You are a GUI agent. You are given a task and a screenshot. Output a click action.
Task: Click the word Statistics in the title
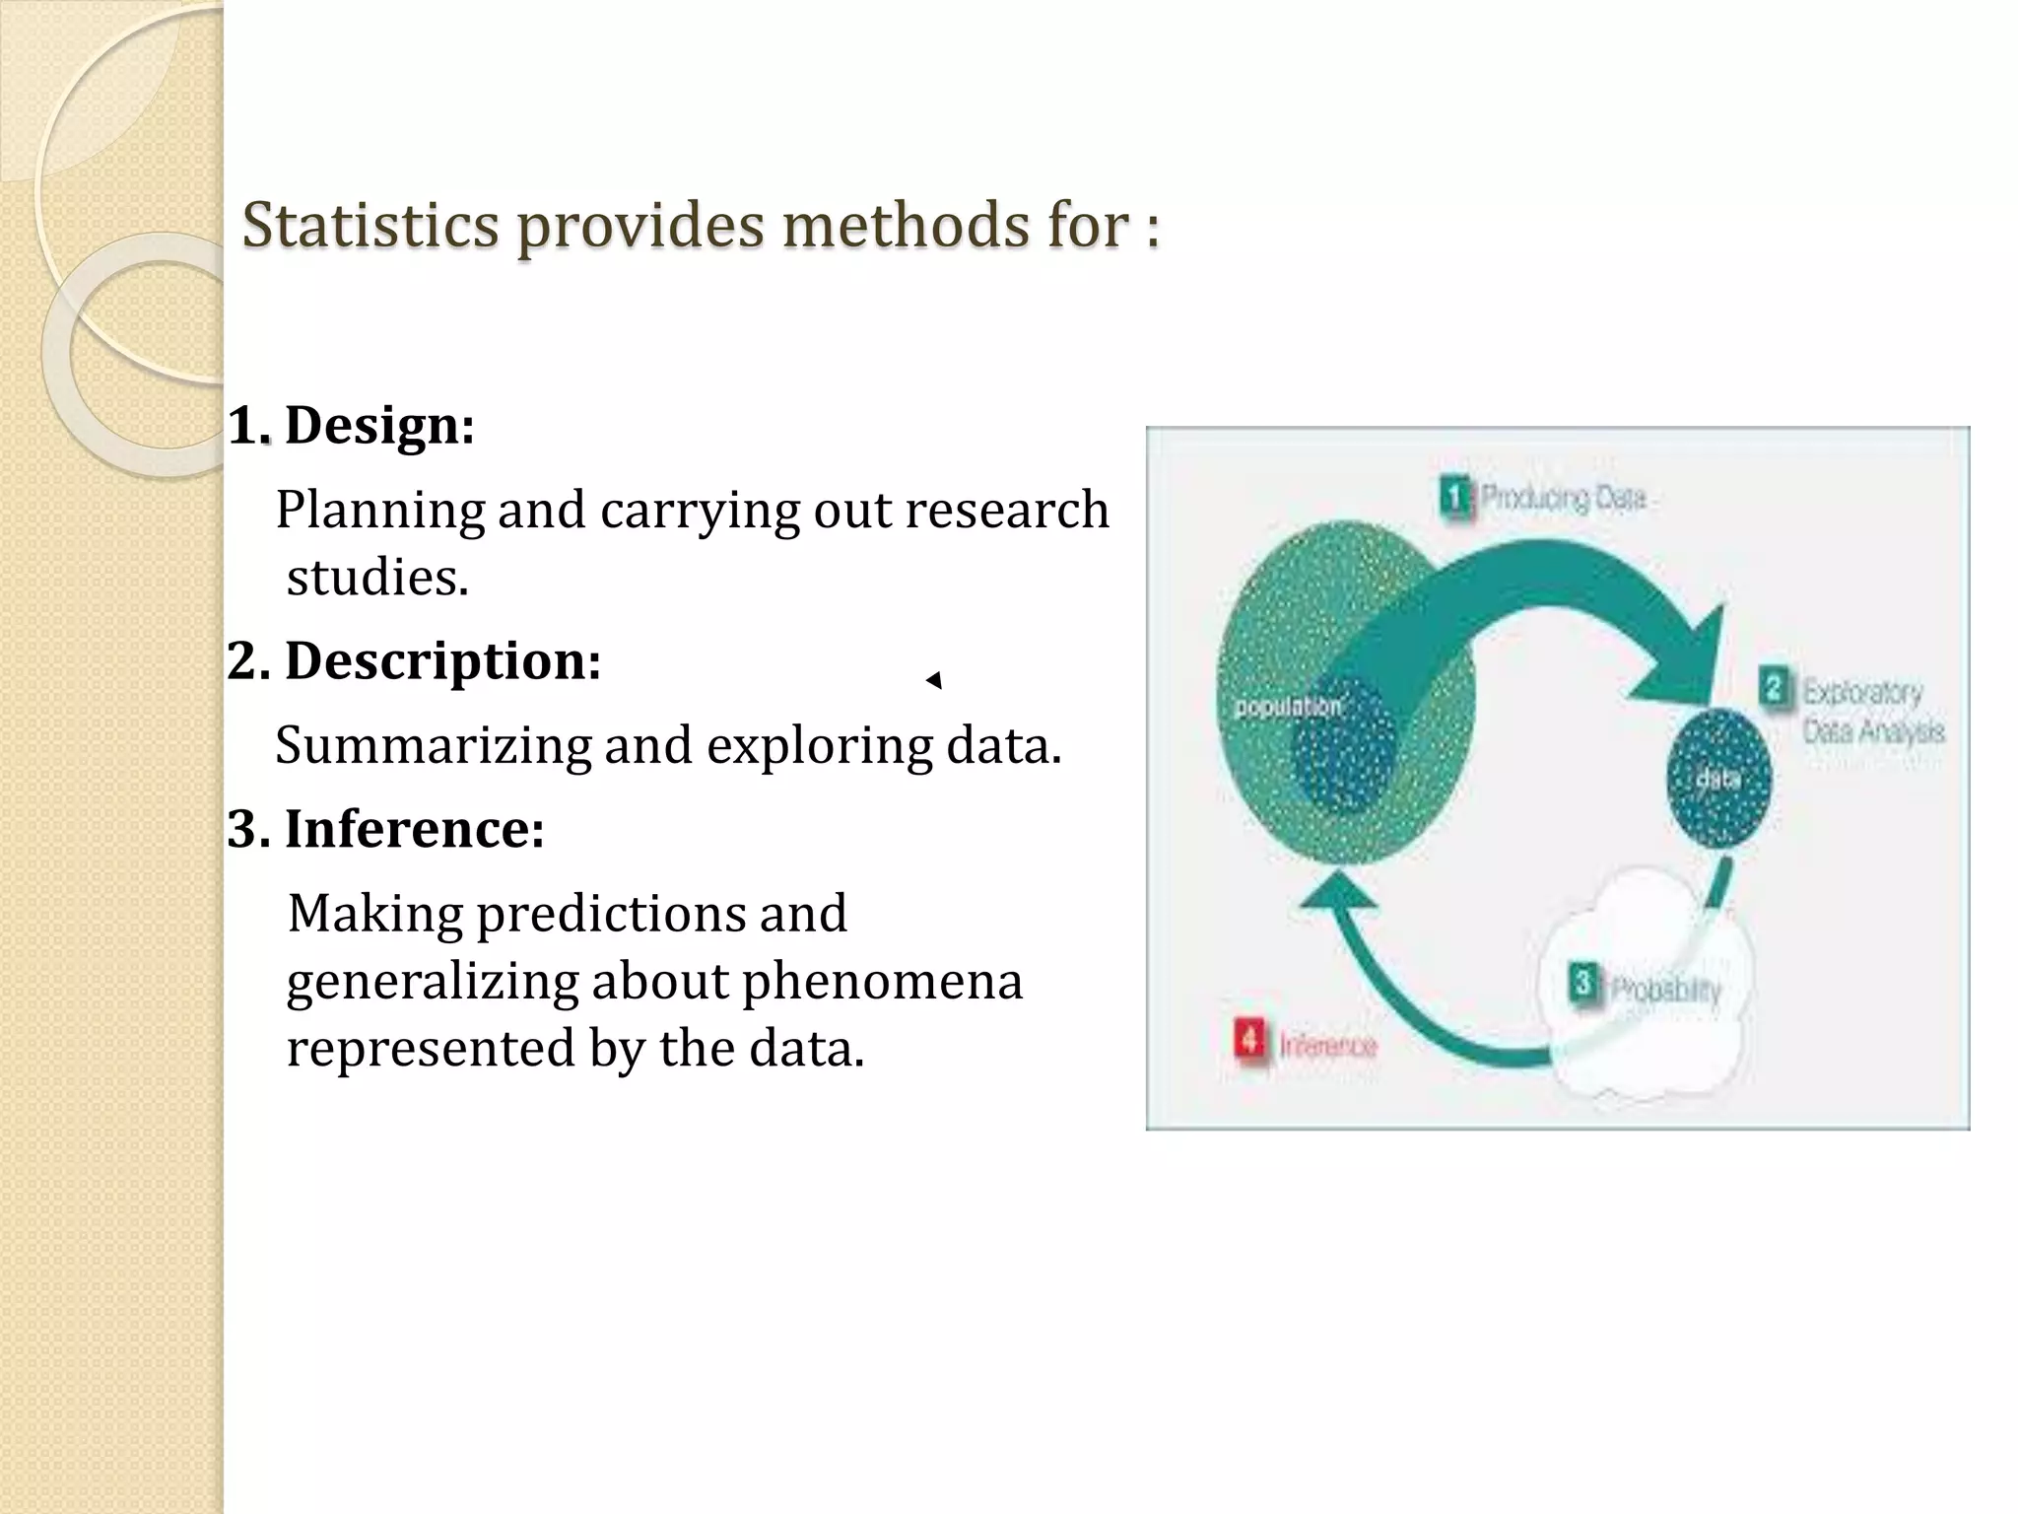[x=370, y=226]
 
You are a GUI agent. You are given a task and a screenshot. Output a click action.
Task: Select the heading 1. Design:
[x=352, y=426]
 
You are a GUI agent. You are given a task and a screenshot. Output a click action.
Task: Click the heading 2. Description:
[x=414, y=660]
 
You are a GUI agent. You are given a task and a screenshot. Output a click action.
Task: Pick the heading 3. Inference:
[x=385, y=829]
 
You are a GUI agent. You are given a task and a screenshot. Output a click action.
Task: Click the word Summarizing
[x=433, y=745]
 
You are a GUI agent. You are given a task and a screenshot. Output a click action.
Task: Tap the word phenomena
[x=882, y=982]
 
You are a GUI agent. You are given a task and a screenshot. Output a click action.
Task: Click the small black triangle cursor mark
[x=934, y=680]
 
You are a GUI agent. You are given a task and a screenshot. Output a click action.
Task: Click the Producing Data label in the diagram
[x=1563, y=499]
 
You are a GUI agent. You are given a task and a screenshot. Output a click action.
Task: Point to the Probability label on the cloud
[x=1665, y=989]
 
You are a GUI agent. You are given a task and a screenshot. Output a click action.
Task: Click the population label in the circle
[x=1287, y=707]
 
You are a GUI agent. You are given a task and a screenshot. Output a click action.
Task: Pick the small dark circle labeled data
[x=1718, y=779]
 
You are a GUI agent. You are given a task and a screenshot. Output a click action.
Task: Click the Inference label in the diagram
[x=1327, y=1045]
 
